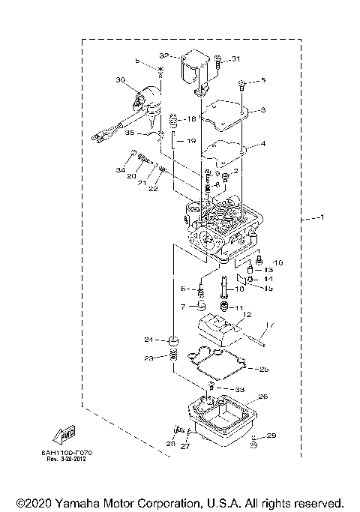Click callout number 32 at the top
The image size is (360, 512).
point(165,55)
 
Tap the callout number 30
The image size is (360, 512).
point(120,79)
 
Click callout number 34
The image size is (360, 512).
point(120,171)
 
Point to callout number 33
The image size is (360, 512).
point(239,389)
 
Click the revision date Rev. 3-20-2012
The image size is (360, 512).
point(72,459)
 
